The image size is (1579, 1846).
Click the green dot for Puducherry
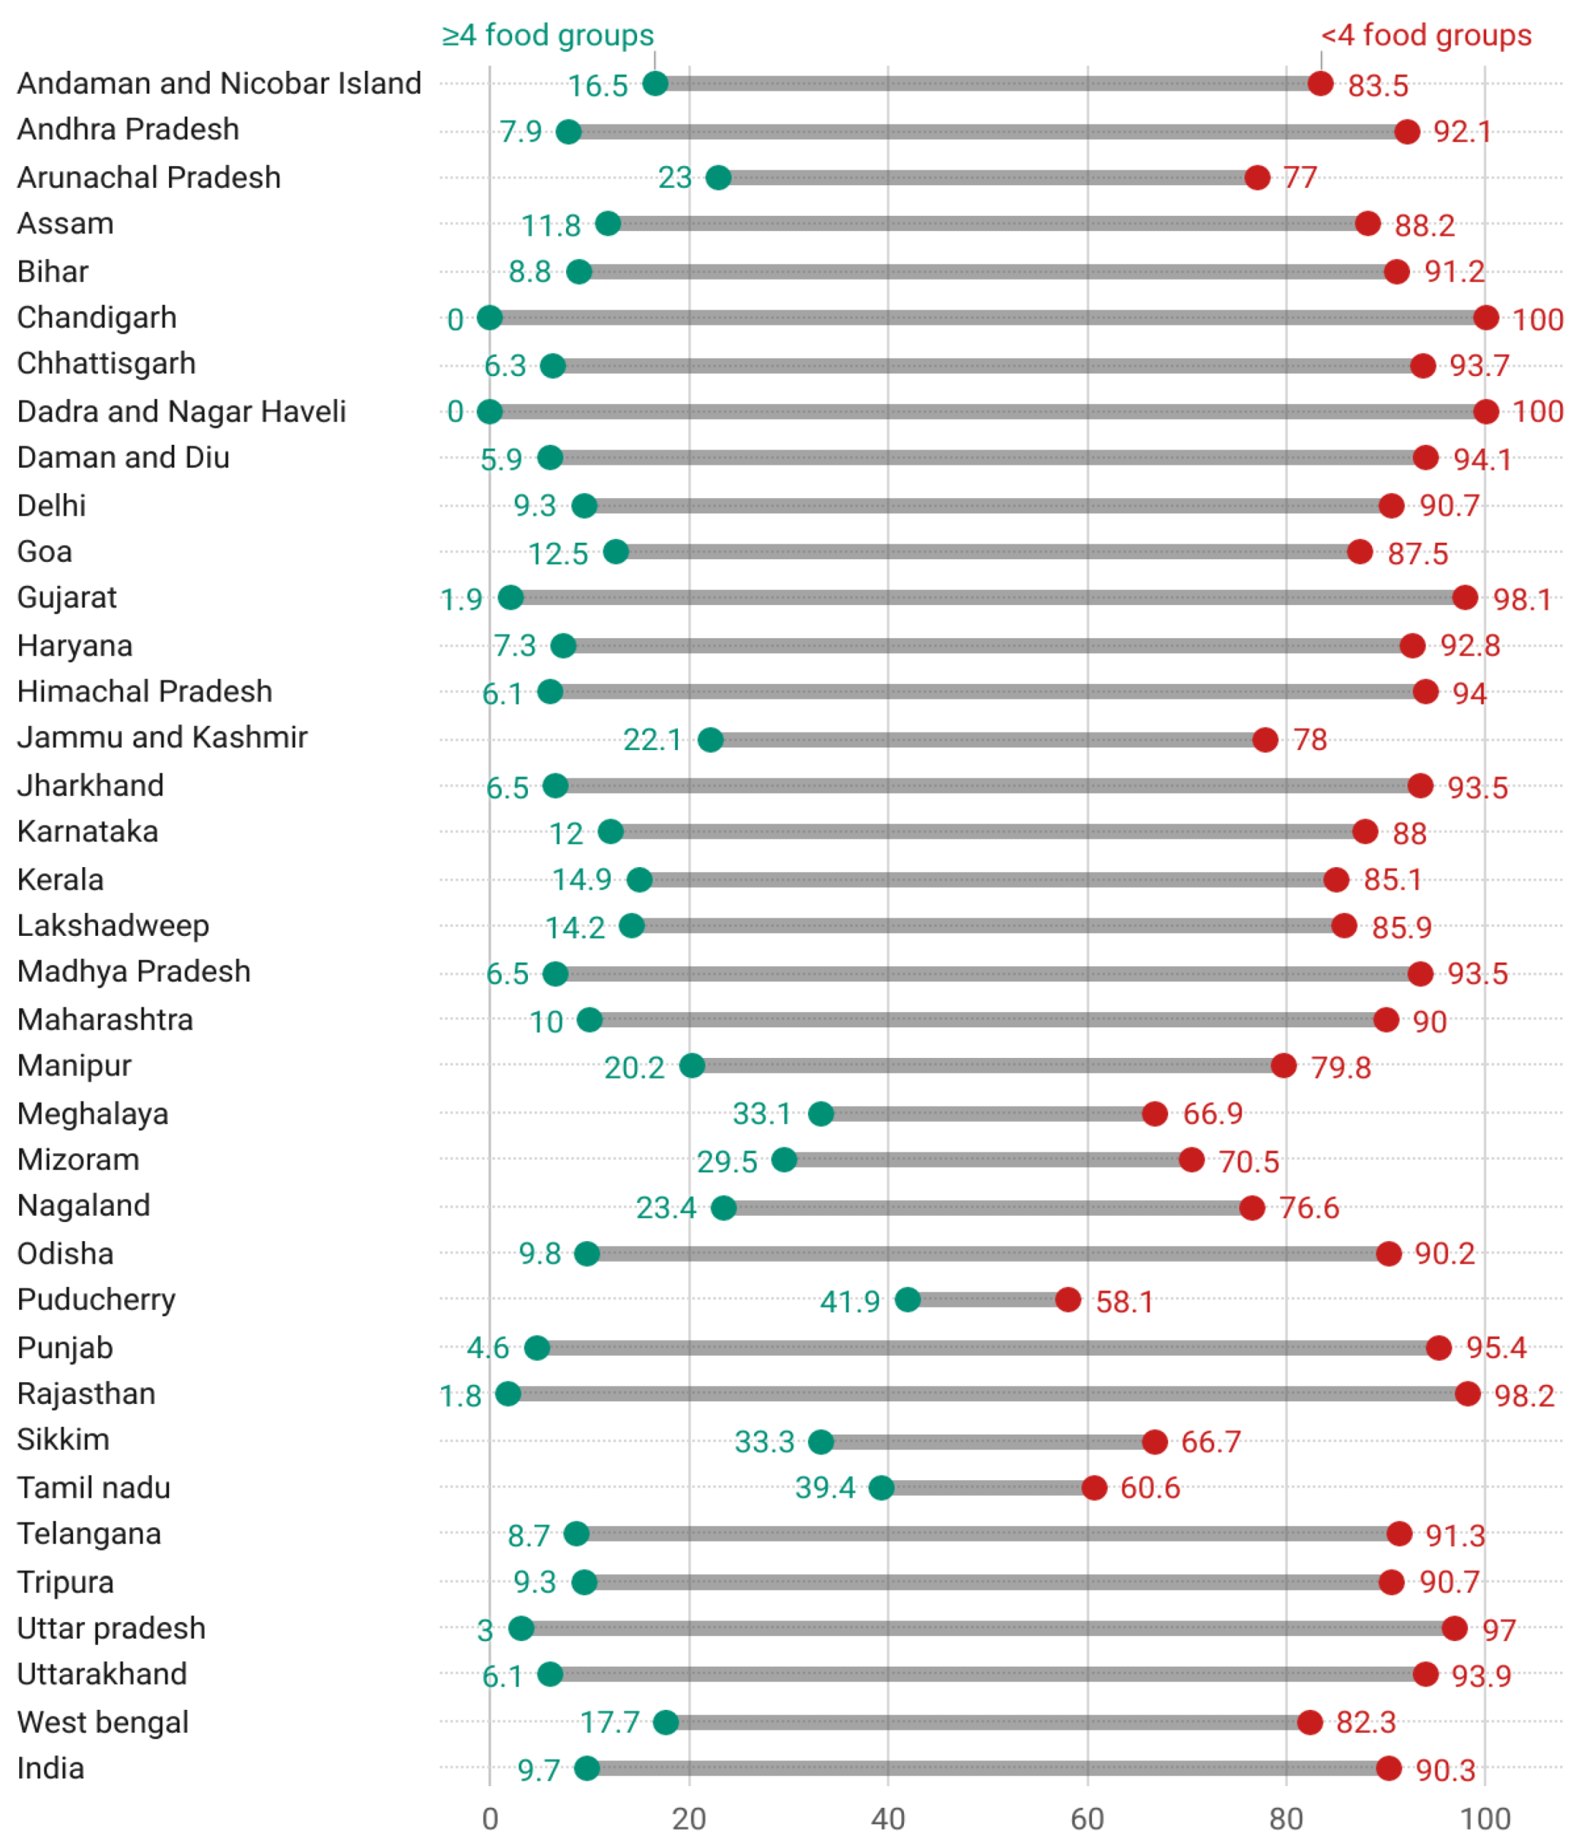point(907,1300)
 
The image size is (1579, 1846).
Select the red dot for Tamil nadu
point(1094,1487)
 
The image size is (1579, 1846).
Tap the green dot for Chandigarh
point(489,317)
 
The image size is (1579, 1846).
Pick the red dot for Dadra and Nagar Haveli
point(1486,411)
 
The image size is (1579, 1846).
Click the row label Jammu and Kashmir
point(162,738)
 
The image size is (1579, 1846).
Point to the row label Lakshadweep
point(113,926)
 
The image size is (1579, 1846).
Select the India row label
point(51,1768)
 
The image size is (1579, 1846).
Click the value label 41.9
point(849,1302)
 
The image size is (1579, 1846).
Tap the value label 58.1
point(1125,1302)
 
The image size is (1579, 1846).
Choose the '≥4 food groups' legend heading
point(548,35)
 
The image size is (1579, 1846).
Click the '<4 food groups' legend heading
point(1426,35)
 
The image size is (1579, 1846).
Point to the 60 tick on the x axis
point(1087,1818)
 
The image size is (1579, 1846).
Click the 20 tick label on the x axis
point(689,1818)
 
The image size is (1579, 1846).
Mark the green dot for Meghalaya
point(821,1114)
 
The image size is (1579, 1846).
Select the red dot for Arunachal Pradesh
point(1257,177)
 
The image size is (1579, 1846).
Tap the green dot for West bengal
point(666,1722)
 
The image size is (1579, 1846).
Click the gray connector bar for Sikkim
point(987,1441)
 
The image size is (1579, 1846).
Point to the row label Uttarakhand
point(102,1674)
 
